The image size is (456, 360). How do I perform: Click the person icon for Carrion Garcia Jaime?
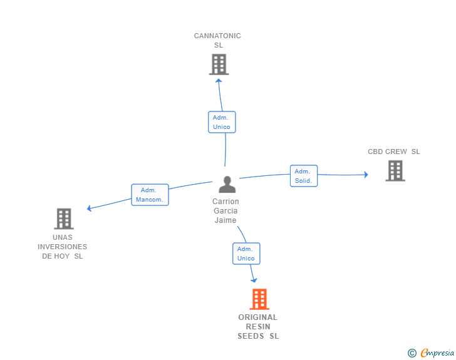coord(227,184)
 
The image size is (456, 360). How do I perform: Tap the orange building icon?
coord(259,299)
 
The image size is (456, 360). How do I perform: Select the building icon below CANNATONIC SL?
coord(219,64)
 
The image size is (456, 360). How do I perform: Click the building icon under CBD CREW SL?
coord(395,171)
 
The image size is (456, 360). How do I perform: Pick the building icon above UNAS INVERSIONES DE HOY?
coord(64,219)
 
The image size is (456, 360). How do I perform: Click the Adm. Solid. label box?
coord(304,176)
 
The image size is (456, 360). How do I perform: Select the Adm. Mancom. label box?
coord(150,195)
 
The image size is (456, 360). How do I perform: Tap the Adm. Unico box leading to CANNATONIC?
coord(222,122)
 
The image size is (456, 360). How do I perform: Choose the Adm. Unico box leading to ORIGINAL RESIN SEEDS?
coord(246,254)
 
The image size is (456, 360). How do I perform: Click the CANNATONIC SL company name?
coord(217,41)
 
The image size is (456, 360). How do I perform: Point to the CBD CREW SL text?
coord(394,152)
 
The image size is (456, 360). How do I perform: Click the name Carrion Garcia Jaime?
coord(225,211)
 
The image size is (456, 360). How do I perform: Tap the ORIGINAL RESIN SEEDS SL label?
coord(258,327)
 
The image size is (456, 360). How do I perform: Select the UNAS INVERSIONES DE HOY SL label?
coord(62,247)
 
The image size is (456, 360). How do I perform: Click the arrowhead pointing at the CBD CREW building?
coord(366,175)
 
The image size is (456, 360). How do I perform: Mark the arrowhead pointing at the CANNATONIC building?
coord(219,81)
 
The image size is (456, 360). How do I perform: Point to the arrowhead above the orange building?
coord(254,280)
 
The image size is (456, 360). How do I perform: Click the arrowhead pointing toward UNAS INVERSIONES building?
coord(90,208)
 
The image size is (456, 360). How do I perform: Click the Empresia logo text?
coord(437,352)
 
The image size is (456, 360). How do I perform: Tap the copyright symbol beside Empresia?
coord(412,353)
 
